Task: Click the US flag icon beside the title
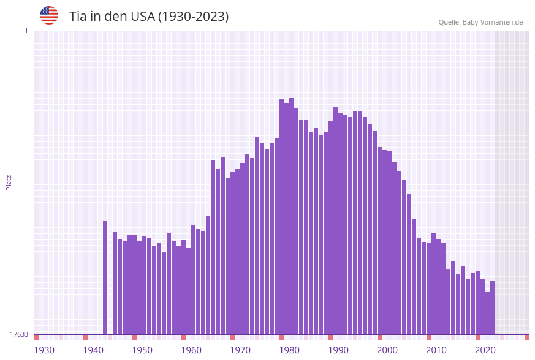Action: pos(49,15)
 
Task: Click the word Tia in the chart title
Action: pos(78,17)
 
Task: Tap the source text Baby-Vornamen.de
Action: pos(493,22)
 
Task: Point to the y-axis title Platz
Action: pos(9,182)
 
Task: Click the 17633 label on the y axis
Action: pos(19,334)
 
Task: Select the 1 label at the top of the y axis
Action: pos(26,31)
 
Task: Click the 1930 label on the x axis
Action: pos(44,350)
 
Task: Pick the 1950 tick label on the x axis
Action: pos(142,350)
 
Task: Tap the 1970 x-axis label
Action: pos(240,350)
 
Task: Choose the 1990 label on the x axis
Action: pos(338,350)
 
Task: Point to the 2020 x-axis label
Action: pos(485,350)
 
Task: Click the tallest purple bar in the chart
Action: pos(292,215)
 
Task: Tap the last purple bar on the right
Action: pos(492,307)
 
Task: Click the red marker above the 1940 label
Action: pos(86,337)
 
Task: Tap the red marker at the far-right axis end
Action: pos(526,337)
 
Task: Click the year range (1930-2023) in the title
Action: pos(194,17)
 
